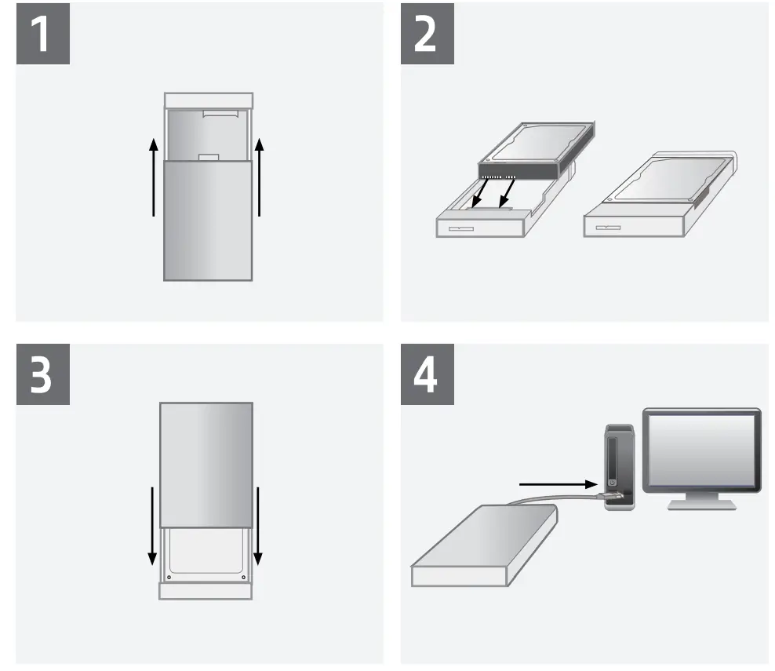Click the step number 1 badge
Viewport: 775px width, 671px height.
43,33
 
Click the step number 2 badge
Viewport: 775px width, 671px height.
428,33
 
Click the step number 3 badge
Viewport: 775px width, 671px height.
43,374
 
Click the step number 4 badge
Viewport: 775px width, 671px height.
428,374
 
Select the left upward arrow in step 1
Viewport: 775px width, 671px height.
154,177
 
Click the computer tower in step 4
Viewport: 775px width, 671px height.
617,467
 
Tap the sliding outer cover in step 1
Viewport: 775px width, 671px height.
208,220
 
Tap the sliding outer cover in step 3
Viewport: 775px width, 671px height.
206,465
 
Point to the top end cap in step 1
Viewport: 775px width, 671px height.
208,100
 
